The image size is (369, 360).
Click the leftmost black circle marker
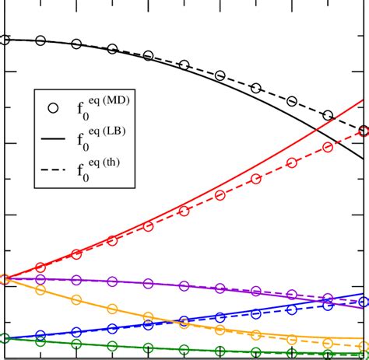(4, 40)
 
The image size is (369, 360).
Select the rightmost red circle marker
(364, 131)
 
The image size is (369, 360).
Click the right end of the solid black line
(364, 159)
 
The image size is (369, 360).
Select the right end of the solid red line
(364, 100)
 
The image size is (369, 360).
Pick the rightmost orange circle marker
(364, 347)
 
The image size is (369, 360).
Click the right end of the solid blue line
(364, 295)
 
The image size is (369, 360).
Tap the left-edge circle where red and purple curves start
(4, 278)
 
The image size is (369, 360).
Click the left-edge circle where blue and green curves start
(4, 338)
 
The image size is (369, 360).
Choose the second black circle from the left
(40, 40)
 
